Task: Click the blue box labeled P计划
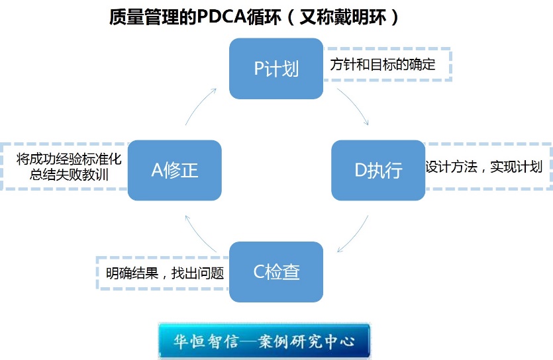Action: [276, 69]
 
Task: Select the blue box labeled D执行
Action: [378, 170]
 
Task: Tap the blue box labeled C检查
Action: [276, 271]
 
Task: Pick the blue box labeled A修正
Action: [174, 170]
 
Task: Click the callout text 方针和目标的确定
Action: [383, 65]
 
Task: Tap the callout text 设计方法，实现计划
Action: [483, 166]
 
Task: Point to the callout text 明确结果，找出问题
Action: [165, 273]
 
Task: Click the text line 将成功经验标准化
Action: [70, 159]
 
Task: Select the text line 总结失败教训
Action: [70, 175]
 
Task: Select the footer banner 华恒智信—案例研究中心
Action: [264, 341]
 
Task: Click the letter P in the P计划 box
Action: [259, 69]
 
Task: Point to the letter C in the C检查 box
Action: [259, 271]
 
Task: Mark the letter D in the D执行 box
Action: [361, 170]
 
